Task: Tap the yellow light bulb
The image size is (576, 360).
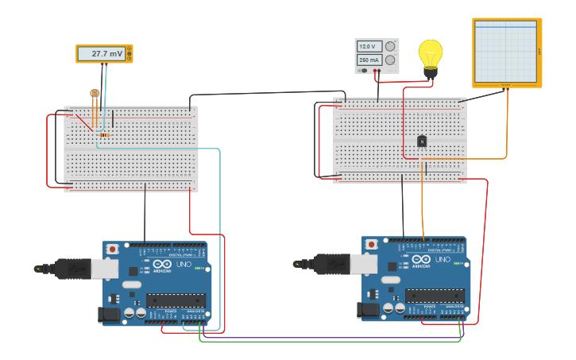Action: click(x=431, y=56)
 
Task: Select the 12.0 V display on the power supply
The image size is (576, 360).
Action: click(x=369, y=46)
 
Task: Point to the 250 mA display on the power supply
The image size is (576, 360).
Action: click(x=369, y=60)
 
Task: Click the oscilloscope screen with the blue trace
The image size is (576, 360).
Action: click(x=506, y=52)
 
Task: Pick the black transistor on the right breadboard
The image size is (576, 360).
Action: click(x=422, y=141)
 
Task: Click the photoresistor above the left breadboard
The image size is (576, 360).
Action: click(x=95, y=94)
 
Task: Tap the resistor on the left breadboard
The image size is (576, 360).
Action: click(x=104, y=134)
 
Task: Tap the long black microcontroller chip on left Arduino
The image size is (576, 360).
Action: click(x=176, y=300)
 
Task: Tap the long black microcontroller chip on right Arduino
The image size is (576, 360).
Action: click(x=435, y=296)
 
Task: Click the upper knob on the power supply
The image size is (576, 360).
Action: click(x=390, y=46)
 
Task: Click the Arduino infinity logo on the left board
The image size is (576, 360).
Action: click(x=162, y=264)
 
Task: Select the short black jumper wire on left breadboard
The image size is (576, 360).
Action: click(x=113, y=118)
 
